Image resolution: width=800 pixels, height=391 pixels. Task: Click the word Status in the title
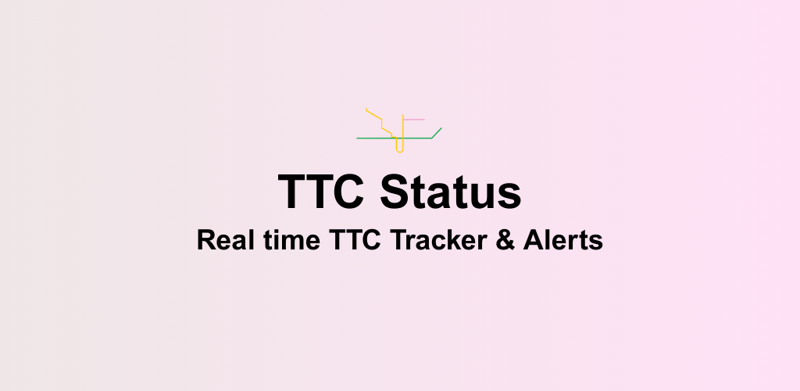point(452,192)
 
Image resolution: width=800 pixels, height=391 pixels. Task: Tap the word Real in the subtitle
point(221,240)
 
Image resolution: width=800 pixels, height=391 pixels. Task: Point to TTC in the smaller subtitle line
point(345,240)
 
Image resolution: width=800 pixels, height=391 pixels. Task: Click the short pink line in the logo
point(413,120)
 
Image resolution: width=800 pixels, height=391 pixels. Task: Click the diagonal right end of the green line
point(437,132)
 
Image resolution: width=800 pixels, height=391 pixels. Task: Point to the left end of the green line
point(358,138)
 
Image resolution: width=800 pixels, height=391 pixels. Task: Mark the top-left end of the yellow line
point(366,109)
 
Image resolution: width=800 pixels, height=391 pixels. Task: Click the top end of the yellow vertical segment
point(403,116)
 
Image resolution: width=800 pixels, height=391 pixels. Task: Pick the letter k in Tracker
point(449,240)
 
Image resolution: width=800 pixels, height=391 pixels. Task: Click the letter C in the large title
point(348,192)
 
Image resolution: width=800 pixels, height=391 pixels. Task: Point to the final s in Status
point(511,195)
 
